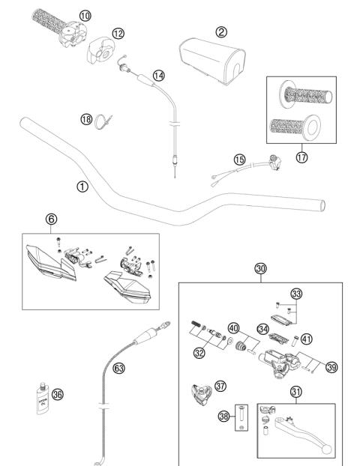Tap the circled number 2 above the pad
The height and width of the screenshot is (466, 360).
[220, 31]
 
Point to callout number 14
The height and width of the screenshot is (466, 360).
[158, 75]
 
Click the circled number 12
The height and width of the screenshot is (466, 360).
[118, 33]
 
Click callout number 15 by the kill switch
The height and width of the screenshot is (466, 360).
[239, 160]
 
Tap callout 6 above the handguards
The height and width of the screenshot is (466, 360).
[51, 219]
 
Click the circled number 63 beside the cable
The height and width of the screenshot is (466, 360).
[119, 368]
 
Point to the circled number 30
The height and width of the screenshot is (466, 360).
[260, 269]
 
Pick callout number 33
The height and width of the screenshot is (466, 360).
[296, 294]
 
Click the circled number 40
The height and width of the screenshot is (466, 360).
[234, 327]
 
